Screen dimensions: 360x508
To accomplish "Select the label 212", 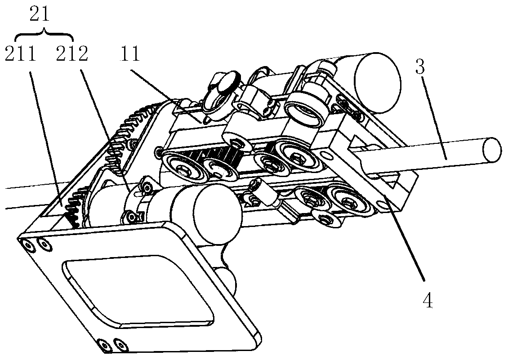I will (72, 55).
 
